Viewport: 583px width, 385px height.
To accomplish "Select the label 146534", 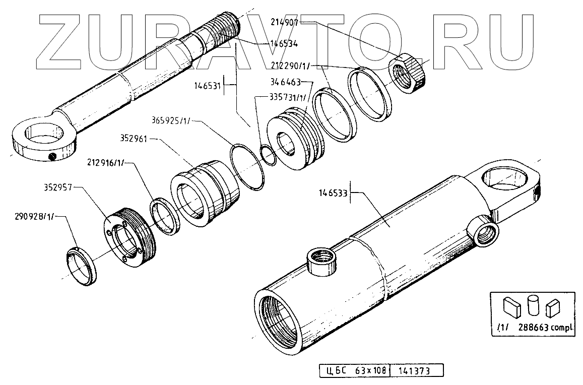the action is point(284,44).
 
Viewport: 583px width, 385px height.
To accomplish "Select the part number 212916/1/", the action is point(107,163).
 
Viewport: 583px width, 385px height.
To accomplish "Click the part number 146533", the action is point(334,192).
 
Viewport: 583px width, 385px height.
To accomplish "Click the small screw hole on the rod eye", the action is point(52,158).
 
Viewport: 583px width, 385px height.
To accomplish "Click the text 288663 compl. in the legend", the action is point(549,328).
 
